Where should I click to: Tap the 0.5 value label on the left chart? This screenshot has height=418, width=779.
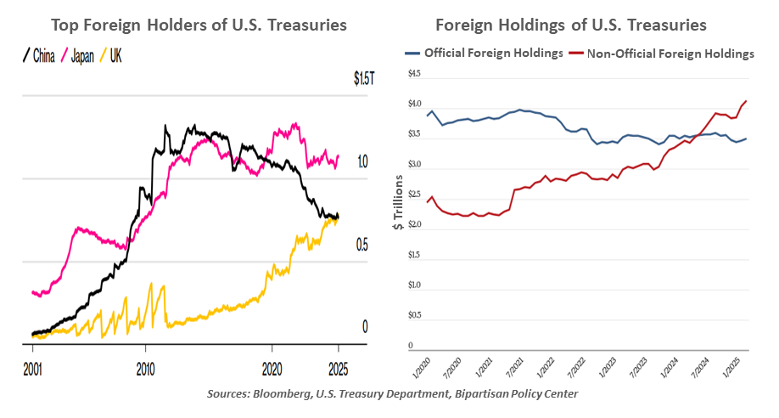tap(362, 245)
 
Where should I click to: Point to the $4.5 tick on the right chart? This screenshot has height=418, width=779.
tap(415, 74)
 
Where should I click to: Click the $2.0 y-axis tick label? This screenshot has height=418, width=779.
tap(415, 224)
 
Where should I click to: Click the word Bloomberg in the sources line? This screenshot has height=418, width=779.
tap(290, 393)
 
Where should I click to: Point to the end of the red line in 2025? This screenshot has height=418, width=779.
tap(746, 101)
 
